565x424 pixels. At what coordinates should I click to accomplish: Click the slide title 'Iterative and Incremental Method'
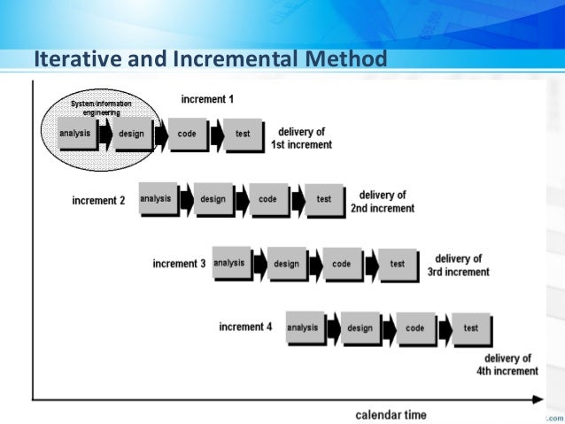coord(210,60)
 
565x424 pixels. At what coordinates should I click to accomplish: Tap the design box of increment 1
coord(130,135)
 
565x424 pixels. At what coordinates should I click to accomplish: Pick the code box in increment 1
coord(187,135)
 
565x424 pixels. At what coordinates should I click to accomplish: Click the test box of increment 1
coord(243,135)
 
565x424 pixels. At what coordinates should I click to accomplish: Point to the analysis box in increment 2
coord(156,199)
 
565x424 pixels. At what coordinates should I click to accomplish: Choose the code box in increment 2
coord(267,200)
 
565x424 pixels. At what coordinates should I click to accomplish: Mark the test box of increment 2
coord(324,200)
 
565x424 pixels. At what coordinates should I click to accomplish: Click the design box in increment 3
coord(286,264)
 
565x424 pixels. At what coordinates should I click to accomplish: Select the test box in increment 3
coord(398,264)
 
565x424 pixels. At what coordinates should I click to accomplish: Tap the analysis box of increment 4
coord(303,328)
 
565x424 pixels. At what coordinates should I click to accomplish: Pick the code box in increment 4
coord(415,328)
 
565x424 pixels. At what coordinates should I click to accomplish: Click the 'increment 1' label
coord(207,98)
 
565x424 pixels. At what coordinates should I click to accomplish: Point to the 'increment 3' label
coord(179,264)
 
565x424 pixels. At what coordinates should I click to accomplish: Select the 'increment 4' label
coord(245,328)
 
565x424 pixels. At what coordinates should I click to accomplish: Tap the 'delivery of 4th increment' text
coord(505,365)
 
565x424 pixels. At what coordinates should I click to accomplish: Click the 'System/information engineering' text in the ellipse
coord(101,108)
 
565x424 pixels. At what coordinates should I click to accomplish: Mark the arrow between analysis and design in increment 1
coord(105,135)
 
